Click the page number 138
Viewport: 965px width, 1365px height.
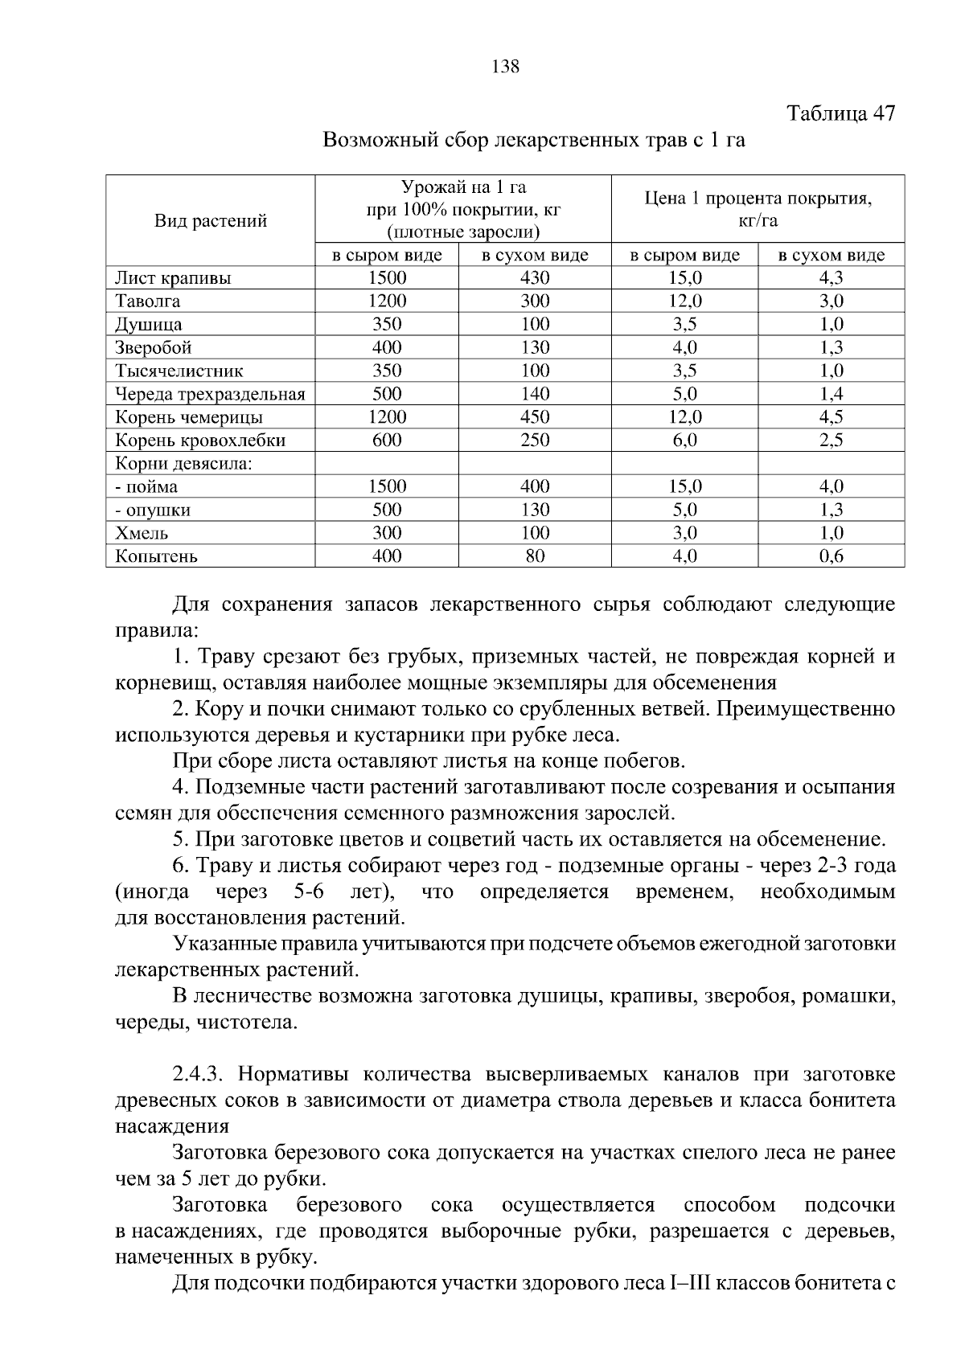(x=505, y=67)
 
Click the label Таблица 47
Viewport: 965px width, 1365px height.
(x=840, y=113)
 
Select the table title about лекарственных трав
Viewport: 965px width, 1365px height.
(x=533, y=141)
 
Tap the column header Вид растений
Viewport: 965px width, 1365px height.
(x=211, y=220)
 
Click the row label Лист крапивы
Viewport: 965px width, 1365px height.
(x=173, y=278)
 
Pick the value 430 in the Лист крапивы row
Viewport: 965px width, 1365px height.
(x=535, y=278)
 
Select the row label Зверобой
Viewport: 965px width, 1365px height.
(x=154, y=348)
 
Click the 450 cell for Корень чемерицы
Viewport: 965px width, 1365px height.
(x=535, y=417)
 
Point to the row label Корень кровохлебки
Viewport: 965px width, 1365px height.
(x=200, y=441)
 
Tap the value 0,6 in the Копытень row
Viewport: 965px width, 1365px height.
(x=831, y=556)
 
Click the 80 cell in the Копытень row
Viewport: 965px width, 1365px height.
(x=535, y=556)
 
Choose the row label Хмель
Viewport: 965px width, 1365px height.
(x=142, y=533)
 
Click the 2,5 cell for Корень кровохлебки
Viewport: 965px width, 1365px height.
(x=831, y=441)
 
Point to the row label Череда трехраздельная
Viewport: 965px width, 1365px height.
(x=210, y=395)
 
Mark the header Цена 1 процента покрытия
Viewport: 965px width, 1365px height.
(x=758, y=199)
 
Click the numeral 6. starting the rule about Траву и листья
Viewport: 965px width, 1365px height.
(x=180, y=866)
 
